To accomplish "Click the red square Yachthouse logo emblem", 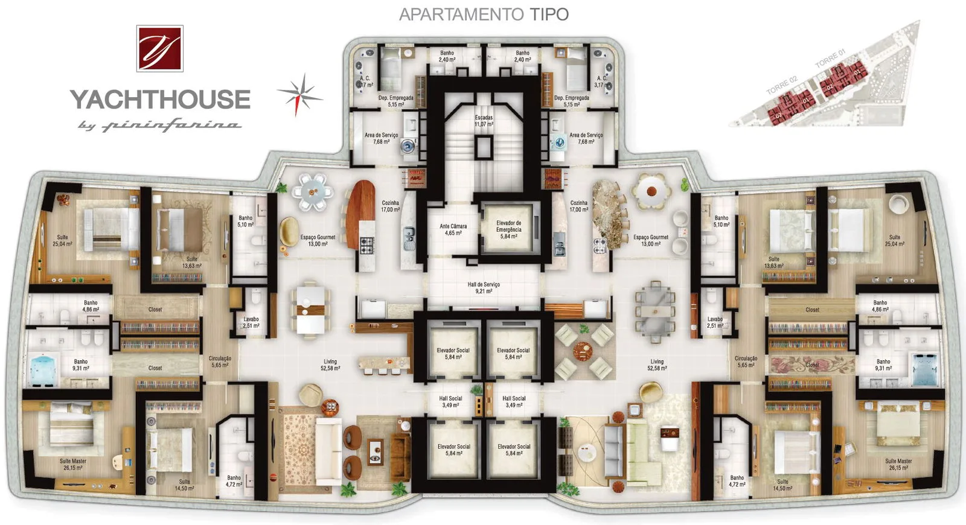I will coord(159,48).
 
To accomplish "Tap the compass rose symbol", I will coord(300,94).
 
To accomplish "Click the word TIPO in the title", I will coord(549,14).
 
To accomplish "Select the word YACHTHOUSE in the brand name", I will coord(160,100).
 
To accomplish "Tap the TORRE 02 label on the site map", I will coord(782,85).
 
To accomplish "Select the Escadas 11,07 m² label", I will coord(484,121).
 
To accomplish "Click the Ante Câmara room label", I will coord(453,229).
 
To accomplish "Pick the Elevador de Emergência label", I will coord(508,229).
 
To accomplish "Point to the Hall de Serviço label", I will coord(484,287).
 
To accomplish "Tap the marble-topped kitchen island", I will coord(609,214).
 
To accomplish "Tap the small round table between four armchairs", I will coord(583,351).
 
